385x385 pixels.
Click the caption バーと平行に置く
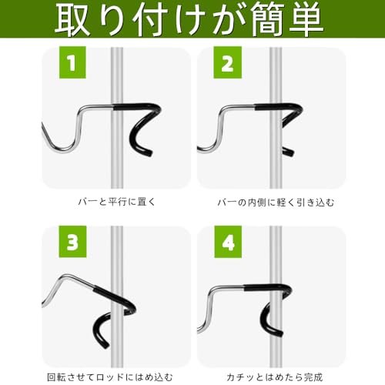114,203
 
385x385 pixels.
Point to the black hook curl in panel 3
115,323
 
